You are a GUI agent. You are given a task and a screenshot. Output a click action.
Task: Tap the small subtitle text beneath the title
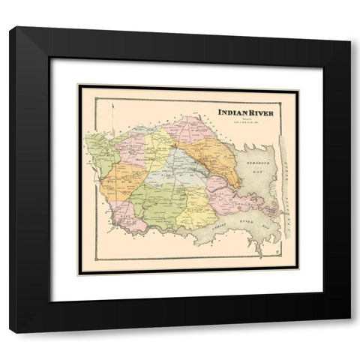[243, 121]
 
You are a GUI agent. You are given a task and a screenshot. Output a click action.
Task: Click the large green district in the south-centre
[157, 199]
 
